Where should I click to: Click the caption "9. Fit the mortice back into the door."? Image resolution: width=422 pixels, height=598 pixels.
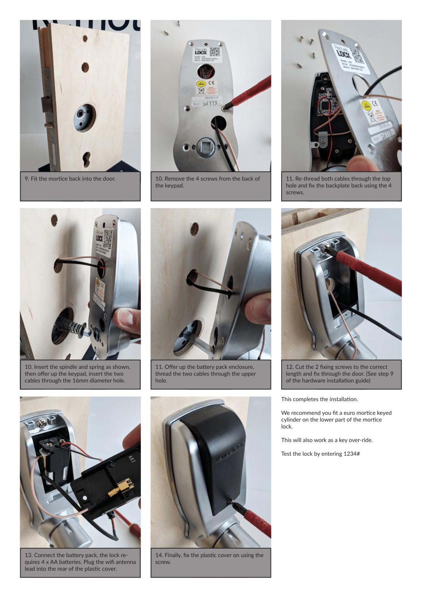(70, 179)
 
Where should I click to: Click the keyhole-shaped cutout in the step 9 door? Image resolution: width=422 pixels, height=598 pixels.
(86, 159)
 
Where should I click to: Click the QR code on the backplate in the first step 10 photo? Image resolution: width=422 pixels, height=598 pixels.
(215, 52)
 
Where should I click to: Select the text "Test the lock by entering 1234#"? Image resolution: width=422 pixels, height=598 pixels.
(320, 454)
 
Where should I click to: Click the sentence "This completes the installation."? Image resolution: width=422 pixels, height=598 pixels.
(320, 399)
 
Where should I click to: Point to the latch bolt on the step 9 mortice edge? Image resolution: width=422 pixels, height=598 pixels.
(46, 104)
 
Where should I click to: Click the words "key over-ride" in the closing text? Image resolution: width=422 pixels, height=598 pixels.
(356, 440)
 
